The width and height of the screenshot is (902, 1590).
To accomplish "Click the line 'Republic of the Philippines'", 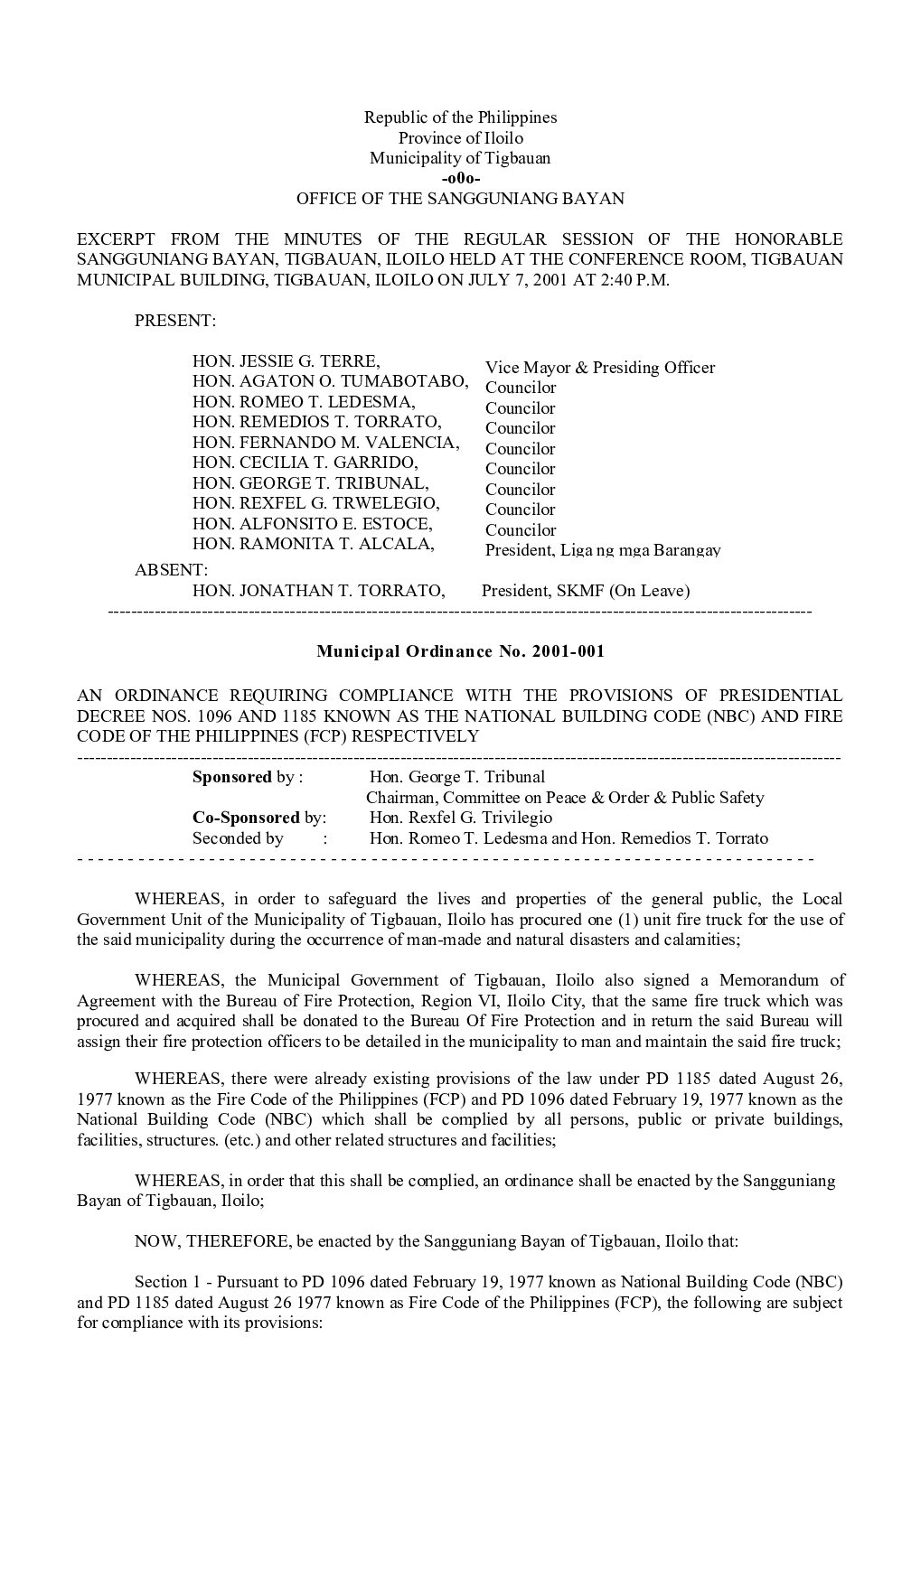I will click(460, 117).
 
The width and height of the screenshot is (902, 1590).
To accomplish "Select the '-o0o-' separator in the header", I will click(460, 179).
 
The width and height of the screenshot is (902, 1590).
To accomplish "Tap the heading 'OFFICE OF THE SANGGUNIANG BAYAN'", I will click(460, 199).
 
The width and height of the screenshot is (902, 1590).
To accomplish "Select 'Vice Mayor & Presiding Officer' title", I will click(600, 368).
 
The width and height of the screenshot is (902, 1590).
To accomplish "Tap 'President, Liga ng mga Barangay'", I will click(603, 550).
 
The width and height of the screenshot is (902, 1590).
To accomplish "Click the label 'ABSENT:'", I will click(171, 570).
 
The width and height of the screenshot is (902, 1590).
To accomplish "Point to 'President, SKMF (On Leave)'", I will click(586, 591).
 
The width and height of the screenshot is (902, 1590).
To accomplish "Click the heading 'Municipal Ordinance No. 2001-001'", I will click(460, 651).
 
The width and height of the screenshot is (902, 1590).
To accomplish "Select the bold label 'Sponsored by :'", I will click(248, 777).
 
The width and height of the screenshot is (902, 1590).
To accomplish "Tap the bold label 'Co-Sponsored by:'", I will click(259, 818).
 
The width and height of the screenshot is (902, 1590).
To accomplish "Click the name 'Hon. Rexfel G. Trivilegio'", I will click(461, 818).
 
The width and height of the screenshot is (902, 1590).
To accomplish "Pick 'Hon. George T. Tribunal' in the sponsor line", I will click(457, 777).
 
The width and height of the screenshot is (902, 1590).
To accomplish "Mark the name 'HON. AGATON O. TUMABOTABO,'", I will click(331, 381).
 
